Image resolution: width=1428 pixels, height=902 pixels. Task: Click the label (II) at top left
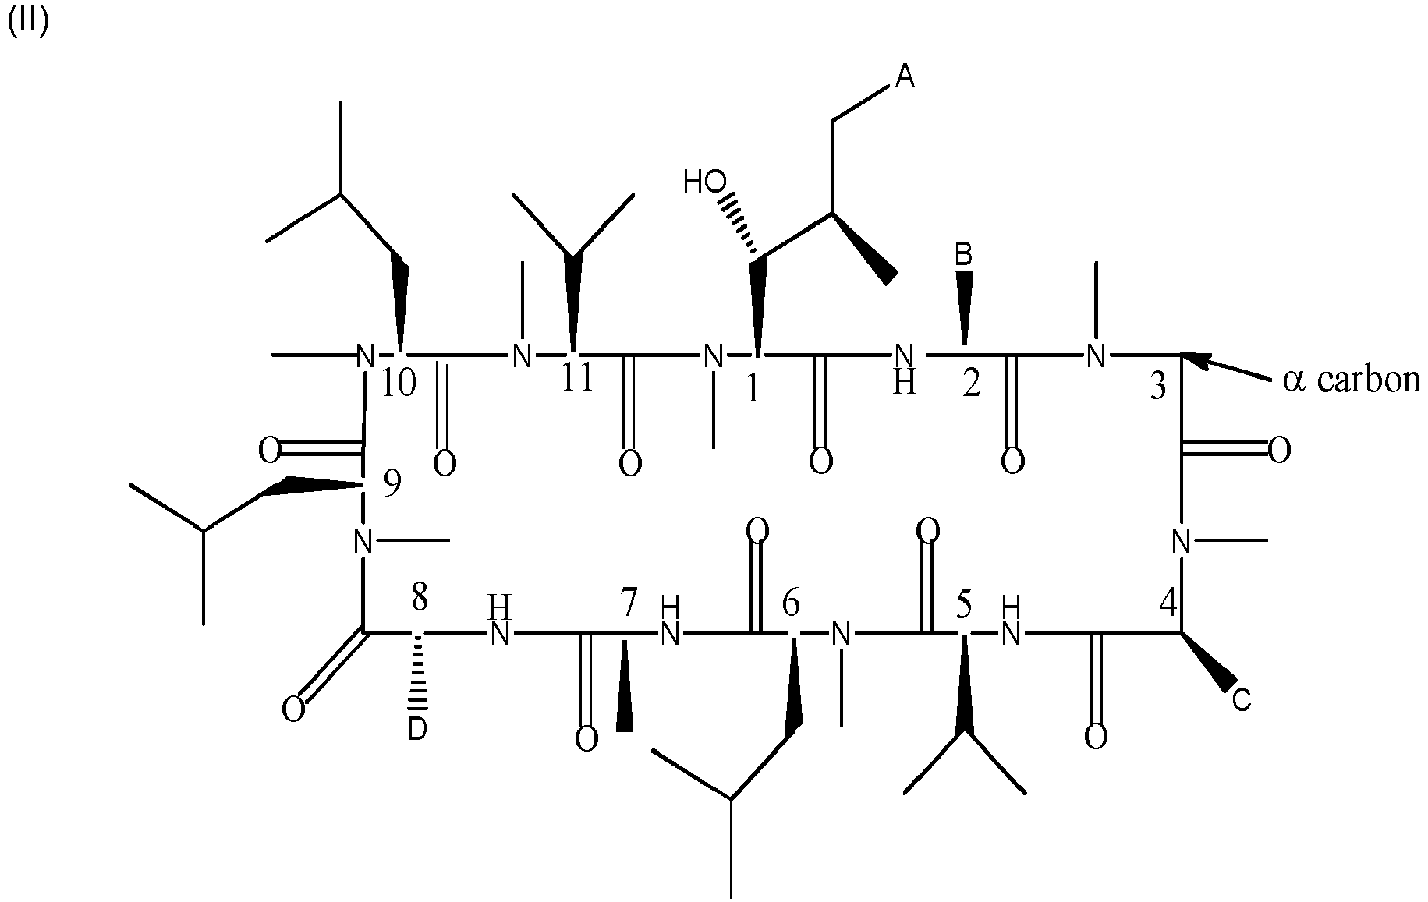pyautogui.click(x=29, y=23)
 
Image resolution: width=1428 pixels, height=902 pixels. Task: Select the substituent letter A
pyautogui.click(x=903, y=76)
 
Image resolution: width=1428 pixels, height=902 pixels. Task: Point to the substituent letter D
pyautogui.click(x=418, y=730)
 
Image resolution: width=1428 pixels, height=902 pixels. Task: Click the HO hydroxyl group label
pyautogui.click(x=704, y=182)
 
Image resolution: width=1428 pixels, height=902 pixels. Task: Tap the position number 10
pyautogui.click(x=399, y=384)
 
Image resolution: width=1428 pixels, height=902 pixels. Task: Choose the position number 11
pyautogui.click(x=578, y=379)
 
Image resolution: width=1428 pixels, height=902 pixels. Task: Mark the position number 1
pyautogui.click(x=752, y=390)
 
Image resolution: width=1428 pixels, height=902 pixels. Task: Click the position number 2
pyautogui.click(x=970, y=384)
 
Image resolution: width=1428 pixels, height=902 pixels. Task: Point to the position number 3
pyautogui.click(x=1159, y=386)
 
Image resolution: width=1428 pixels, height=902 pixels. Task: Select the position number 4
pyautogui.click(x=1168, y=601)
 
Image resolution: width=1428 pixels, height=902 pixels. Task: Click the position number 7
pyautogui.click(x=629, y=601)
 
